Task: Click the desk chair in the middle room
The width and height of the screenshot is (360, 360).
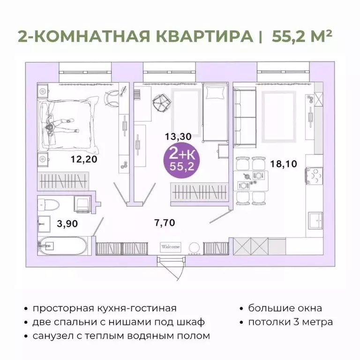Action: tap(162, 100)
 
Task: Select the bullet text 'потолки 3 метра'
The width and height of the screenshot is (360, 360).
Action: tap(291, 322)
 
